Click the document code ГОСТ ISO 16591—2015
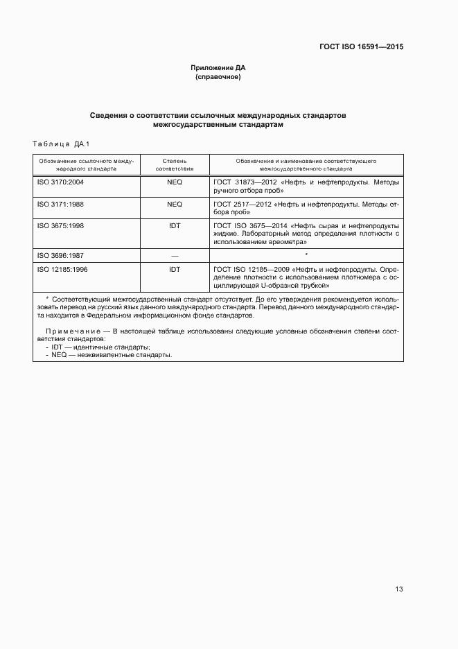(x=361, y=46)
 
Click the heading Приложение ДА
(x=218, y=68)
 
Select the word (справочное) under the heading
(x=218, y=77)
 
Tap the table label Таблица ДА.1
(x=58, y=144)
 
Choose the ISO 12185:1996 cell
(x=62, y=268)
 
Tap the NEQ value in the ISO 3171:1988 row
(x=175, y=205)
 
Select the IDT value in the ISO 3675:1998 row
(x=175, y=225)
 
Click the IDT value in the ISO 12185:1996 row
(x=175, y=268)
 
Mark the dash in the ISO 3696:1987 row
(x=175, y=255)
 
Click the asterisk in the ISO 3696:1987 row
(x=306, y=255)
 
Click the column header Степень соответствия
(x=175, y=164)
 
